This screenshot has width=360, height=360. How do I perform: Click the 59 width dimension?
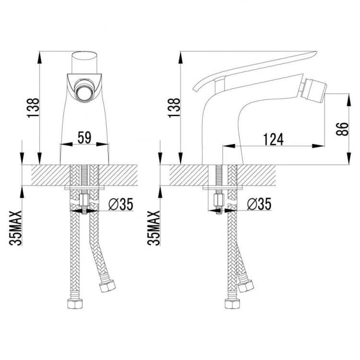point(84,138)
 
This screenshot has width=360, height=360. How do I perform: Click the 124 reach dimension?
point(274,139)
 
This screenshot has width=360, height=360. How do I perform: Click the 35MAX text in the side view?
point(154,228)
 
